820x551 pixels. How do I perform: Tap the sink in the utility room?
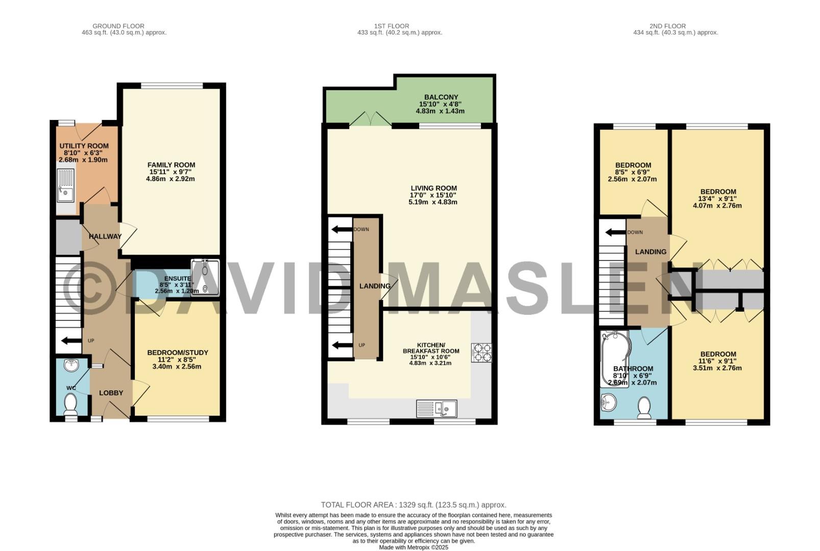(x=66, y=185)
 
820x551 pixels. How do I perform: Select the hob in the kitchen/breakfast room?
(x=482, y=353)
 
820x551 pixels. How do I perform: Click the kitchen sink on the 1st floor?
(x=437, y=409)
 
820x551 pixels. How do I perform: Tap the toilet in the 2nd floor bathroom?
(x=644, y=408)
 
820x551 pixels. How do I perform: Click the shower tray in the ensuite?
(x=205, y=278)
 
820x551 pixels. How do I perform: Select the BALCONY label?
(x=441, y=97)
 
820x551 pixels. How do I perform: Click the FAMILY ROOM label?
(x=172, y=165)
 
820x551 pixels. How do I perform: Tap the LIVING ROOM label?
(x=434, y=188)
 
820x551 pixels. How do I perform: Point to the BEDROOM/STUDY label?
(x=178, y=353)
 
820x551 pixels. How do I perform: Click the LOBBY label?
(x=111, y=393)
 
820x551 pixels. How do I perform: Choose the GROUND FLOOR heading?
(x=118, y=27)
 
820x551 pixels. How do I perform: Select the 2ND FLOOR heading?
(x=668, y=27)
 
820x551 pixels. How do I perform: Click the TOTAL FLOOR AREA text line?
(x=414, y=505)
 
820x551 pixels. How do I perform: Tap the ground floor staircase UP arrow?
(x=71, y=341)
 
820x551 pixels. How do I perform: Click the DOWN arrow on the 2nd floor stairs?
(x=615, y=232)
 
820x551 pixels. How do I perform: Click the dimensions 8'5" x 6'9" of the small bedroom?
(x=632, y=172)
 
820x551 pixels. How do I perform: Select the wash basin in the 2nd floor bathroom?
(x=609, y=403)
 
